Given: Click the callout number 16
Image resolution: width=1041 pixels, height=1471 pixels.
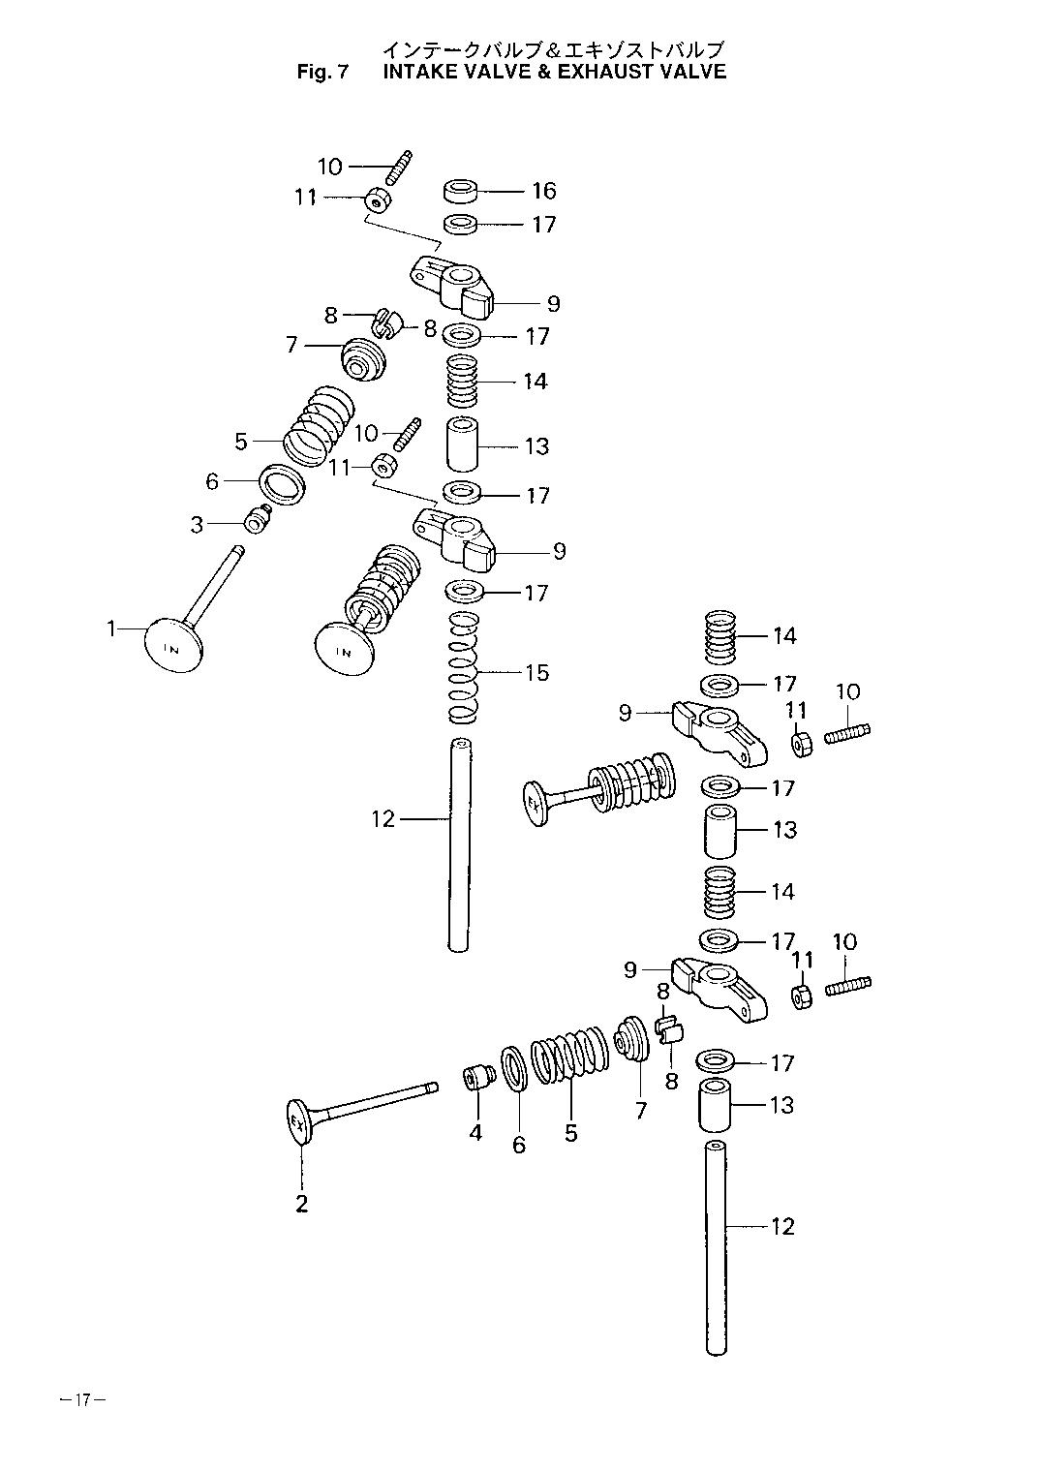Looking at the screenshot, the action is click(x=544, y=191).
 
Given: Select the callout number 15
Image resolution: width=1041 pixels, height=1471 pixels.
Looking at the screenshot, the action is click(x=536, y=672).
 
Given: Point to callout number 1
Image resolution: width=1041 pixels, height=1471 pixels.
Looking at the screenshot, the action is click(x=111, y=629).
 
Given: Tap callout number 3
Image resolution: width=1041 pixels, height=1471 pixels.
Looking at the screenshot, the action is click(x=197, y=525).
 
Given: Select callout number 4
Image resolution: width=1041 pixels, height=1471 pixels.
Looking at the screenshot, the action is click(x=475, y=1133).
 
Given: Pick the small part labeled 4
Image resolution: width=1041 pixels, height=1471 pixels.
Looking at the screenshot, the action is click(x=478, y=1079).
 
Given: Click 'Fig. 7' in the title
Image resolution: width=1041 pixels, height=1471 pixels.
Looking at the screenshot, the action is click(x=321, y=72).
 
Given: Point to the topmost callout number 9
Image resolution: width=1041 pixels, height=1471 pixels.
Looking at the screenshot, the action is click(x=554, y=303).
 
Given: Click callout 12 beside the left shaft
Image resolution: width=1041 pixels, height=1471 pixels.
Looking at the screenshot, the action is click(x=383, y=819).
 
